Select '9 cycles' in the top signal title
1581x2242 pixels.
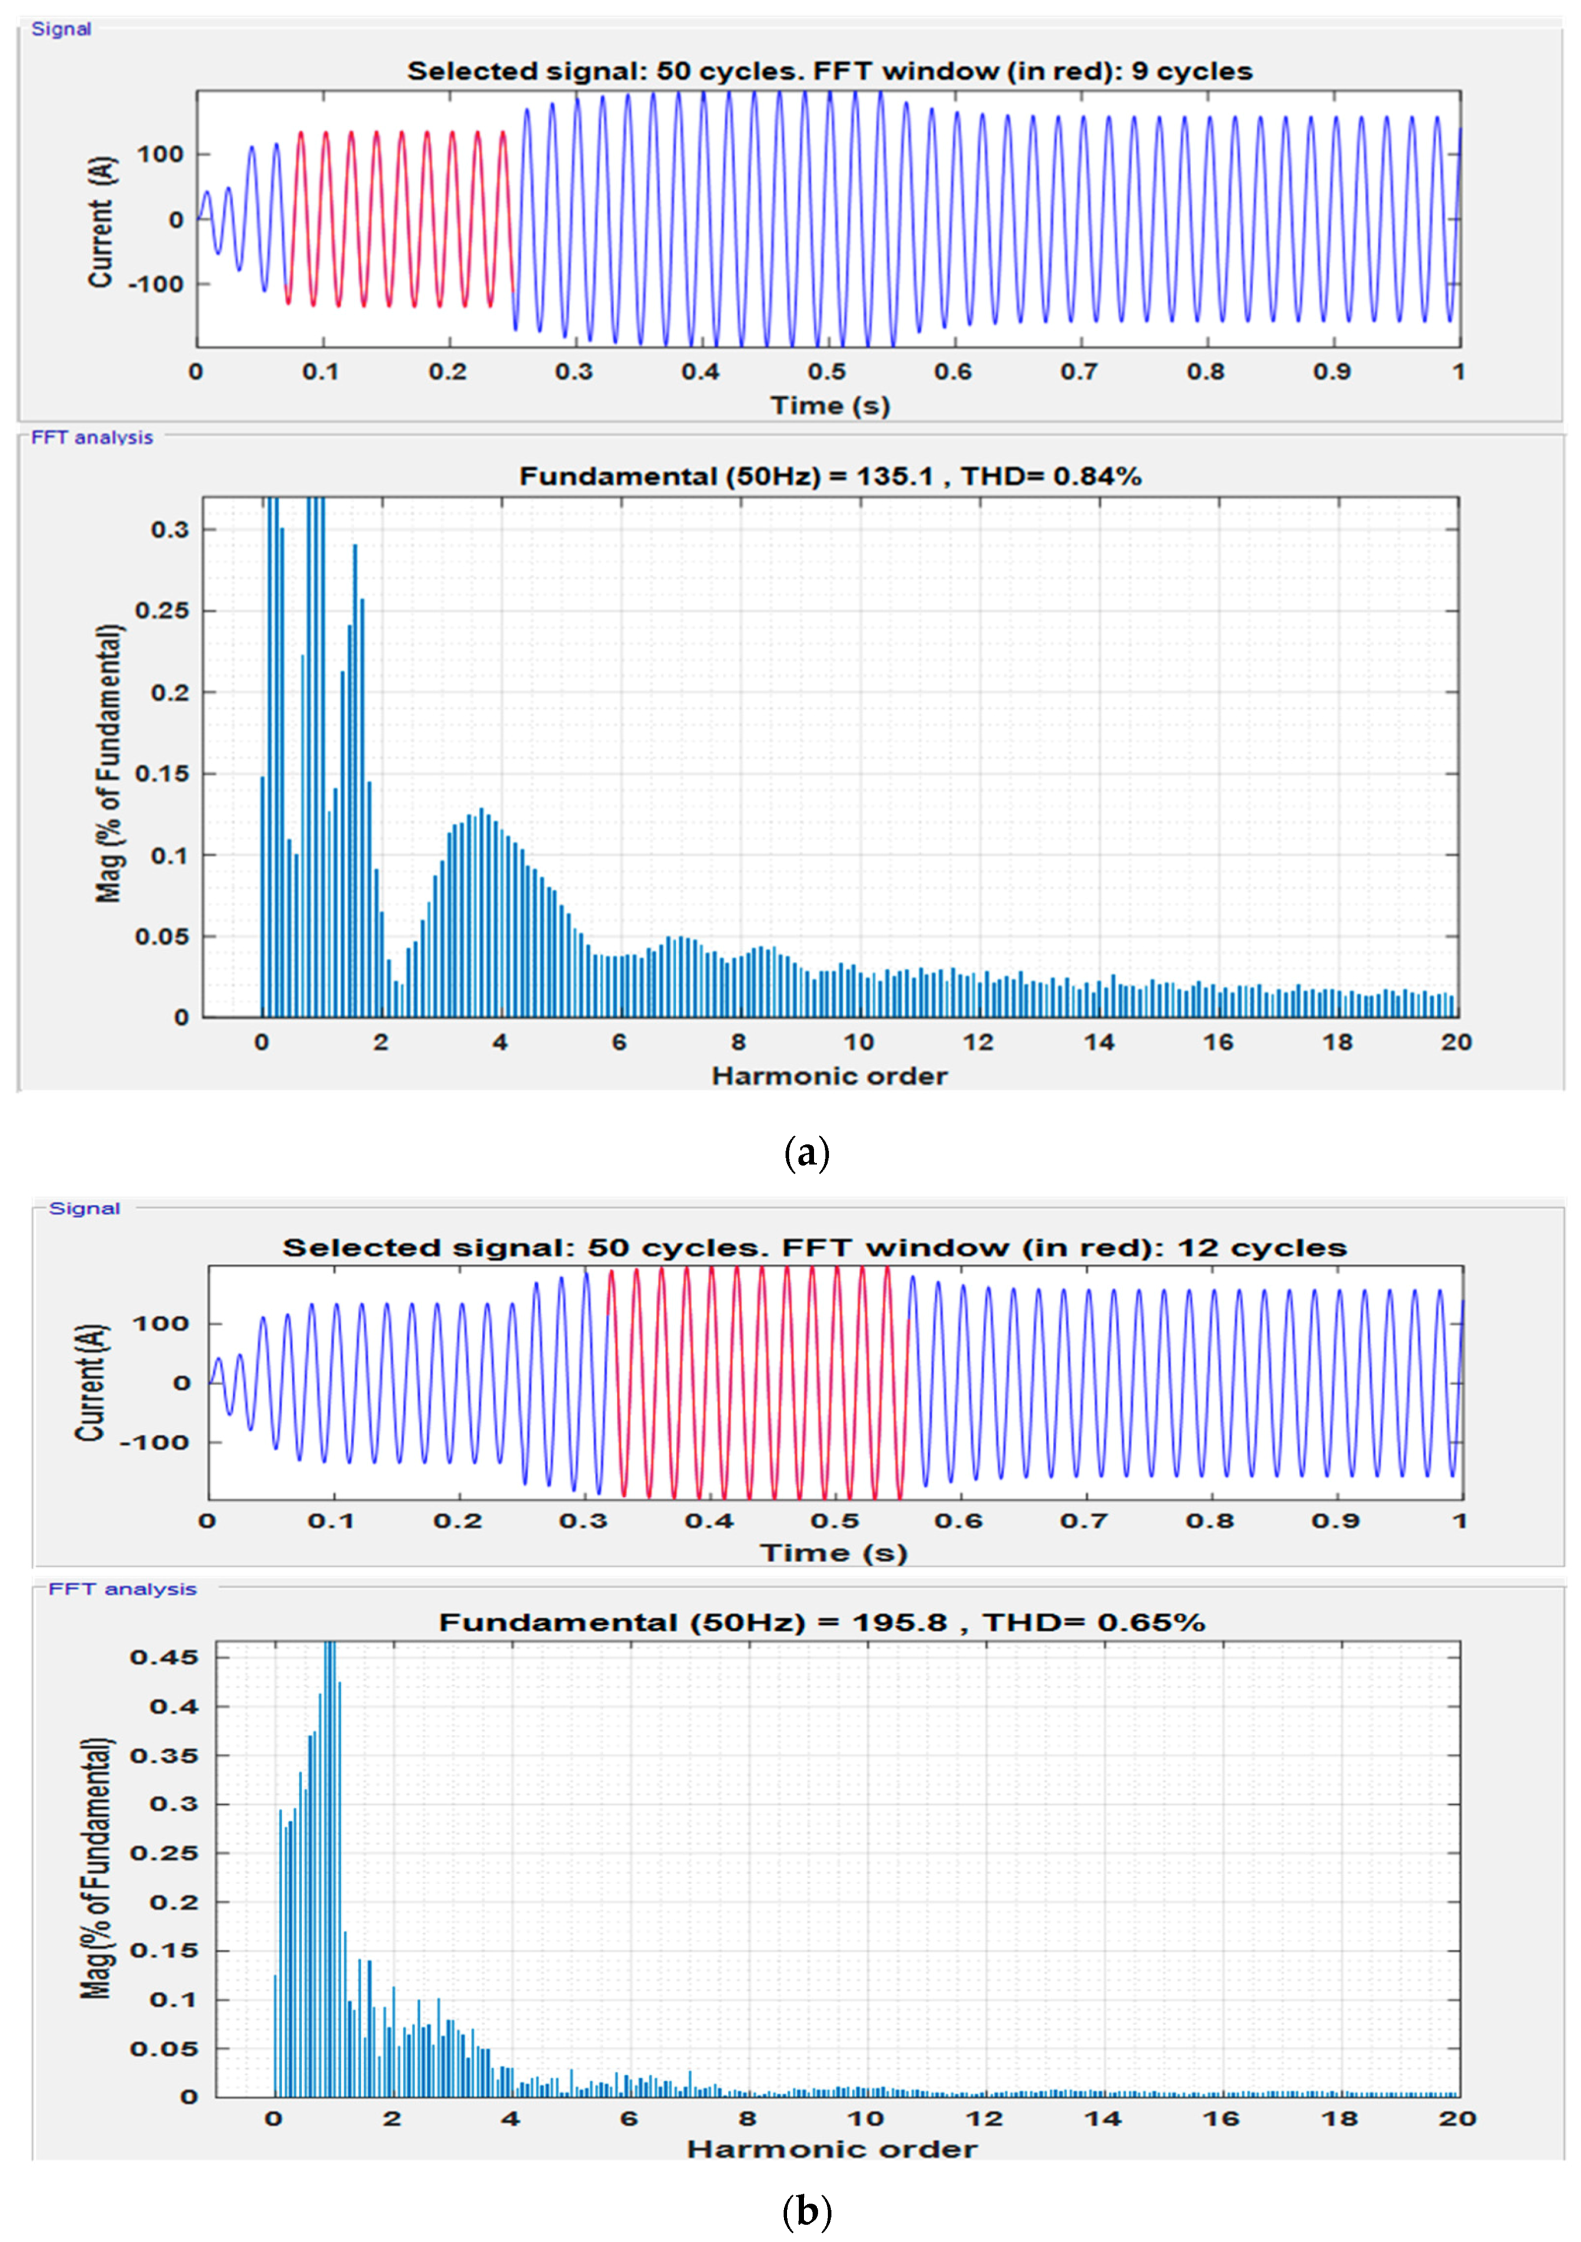tap(1191, 71)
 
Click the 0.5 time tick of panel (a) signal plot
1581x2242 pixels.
tap(827, 372)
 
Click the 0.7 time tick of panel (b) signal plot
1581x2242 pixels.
tap(1084, 1521)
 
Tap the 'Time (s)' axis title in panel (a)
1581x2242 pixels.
tap(830, 405)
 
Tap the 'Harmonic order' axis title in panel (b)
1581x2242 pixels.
tap(832, 2149)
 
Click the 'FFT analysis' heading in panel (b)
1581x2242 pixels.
tap(122, 1589)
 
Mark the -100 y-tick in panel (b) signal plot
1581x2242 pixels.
tap(154, 1442)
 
